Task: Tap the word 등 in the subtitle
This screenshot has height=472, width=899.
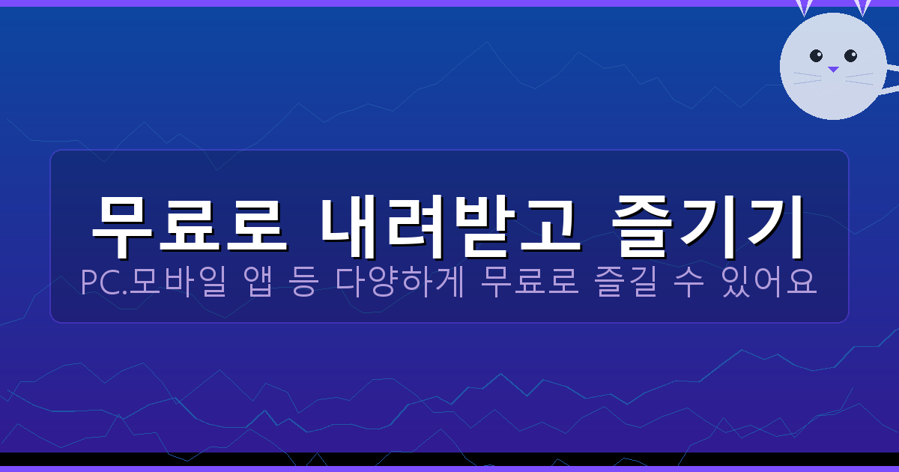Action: [x=303, y=283]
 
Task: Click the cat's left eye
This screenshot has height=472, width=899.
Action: [x=816, y=55]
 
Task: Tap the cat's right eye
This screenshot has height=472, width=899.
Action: [x=850, y=55]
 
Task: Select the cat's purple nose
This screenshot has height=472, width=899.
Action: [x=833, y=70]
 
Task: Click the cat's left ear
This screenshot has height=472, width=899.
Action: [x=804, y=7]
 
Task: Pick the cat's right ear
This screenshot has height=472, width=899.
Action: [x=862, y=7]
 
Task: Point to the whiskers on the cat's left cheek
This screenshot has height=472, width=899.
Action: [x=807, y=77]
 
